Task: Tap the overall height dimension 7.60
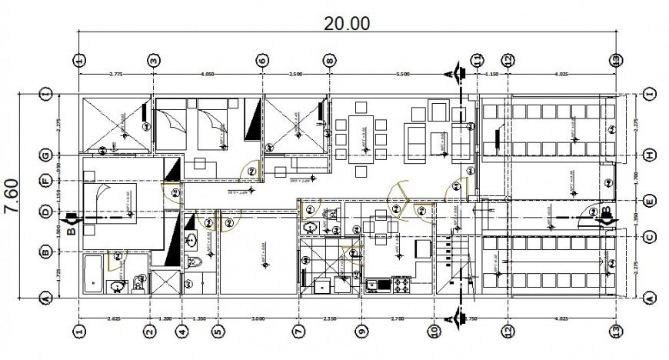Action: (12, 198)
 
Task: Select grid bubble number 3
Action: (154, 59)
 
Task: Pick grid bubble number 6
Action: (261, 59)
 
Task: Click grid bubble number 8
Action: (329, 59)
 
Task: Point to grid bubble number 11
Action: (477, 59)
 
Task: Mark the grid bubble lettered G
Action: (46, 155)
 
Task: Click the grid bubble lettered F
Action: (46, 181)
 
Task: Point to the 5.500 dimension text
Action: (402, 74)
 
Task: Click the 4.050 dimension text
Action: (208, 74)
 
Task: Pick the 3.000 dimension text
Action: (258, 318)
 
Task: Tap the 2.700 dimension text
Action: (398, 318)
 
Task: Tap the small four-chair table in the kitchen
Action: (379, 225)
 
